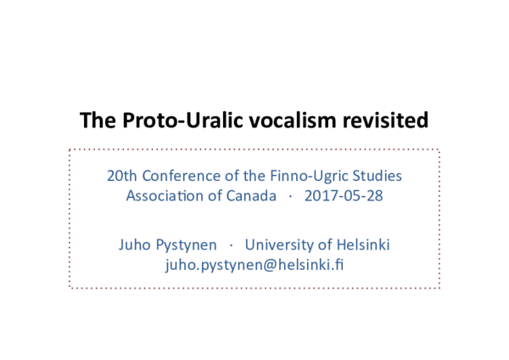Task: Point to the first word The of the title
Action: coord(95,121)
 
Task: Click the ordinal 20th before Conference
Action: coord(120,177)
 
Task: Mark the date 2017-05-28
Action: coord(342,197)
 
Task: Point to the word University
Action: coord(278,245)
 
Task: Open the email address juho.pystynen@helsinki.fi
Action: coord(255,265)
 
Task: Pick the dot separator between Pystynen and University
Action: coord(230,246)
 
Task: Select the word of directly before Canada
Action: coord(215,197)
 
